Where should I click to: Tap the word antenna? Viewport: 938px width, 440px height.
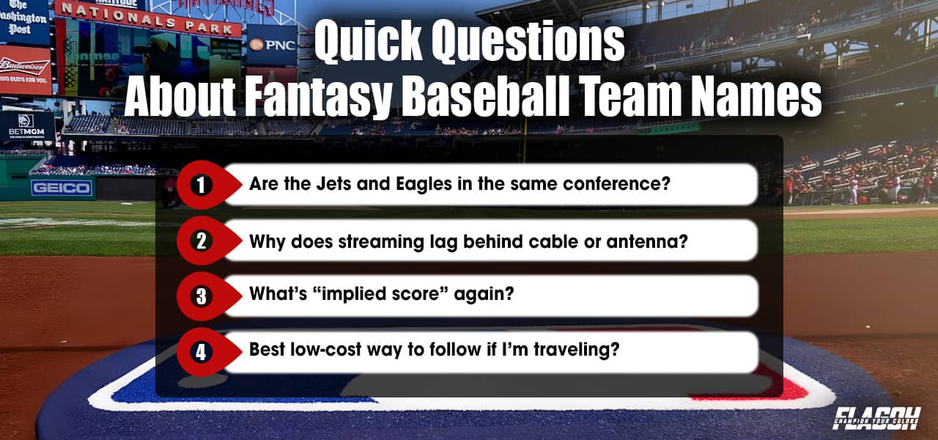651,240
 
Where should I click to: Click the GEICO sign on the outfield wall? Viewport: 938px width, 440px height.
62,188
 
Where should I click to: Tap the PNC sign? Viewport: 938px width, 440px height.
272,45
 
